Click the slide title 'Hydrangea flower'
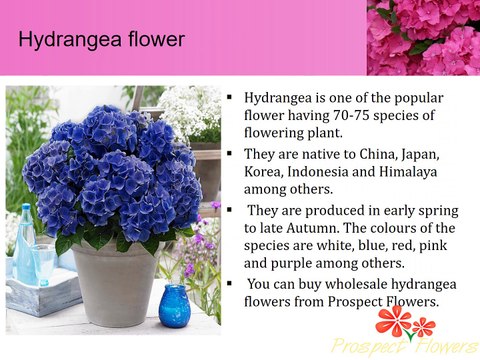(101, 40)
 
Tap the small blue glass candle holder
(174, 306)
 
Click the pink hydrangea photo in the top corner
(423, 38)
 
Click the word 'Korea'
(265, 174)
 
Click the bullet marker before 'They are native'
(231, 155)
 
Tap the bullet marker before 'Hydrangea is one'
(231, 100)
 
